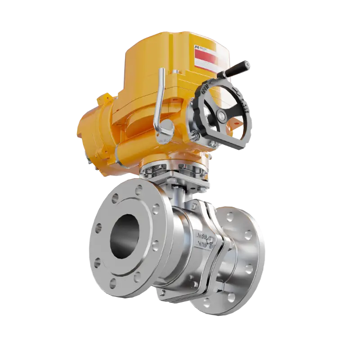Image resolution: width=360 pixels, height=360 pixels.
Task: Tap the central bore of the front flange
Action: (x=124, y=236)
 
